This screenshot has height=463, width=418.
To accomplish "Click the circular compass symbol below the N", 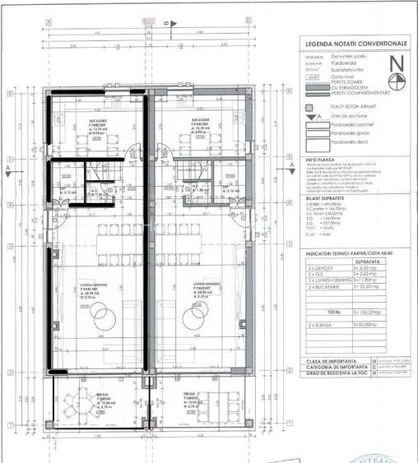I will point(397,80).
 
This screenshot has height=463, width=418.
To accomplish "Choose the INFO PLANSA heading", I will point(321,161).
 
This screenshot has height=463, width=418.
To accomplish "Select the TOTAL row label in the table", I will point(331,313).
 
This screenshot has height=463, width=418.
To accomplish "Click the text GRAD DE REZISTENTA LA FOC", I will point(337,373).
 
